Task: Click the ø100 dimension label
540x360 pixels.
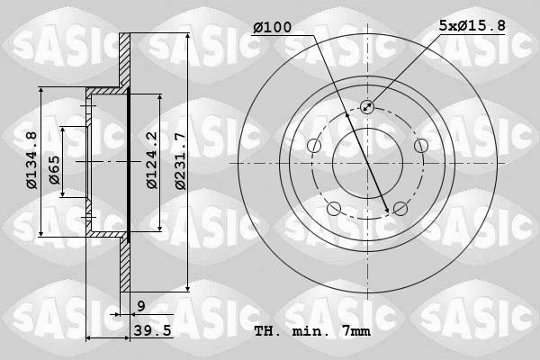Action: point(273,28)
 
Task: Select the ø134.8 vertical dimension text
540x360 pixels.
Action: point(31,161)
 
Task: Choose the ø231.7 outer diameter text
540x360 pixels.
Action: point(181,161)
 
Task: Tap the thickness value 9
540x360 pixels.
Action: point(141,306)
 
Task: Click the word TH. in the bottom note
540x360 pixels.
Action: point(267,331)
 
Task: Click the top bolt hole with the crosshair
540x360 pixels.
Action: point(367,107)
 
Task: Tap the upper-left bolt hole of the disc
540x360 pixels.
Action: point(314,146)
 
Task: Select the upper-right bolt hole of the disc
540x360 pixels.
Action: point(420,146)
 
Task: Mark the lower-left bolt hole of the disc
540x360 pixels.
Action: point(334,209)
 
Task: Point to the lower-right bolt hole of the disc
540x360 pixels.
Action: point(400,209)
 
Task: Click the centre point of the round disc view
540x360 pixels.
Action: point(367,163)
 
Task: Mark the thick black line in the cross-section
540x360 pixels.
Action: point(130,163)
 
